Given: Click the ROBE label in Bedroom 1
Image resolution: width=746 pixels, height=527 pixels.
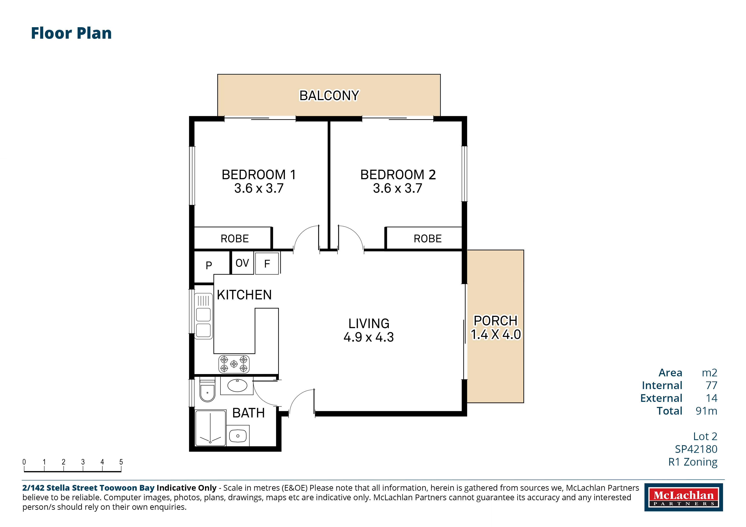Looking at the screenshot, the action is pyautogui.click(x=235, y=239).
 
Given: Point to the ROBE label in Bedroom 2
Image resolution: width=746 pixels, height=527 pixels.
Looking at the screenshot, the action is pyautogui.click(x=428, y=239).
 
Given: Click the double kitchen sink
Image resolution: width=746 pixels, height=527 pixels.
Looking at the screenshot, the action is pyautogui.click(x=203, y=316).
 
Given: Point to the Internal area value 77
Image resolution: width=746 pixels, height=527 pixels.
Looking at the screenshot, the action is pyautogui.click(x=711, y=385).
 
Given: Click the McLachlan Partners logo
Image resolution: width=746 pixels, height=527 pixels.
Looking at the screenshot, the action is pyautogui.click(x=684, y=497).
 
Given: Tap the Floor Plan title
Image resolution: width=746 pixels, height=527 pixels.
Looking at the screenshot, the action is pyautogui.click(x=71, y=33).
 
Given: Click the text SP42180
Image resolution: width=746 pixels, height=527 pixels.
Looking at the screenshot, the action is pyautogui.click(x=696, y=449).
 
